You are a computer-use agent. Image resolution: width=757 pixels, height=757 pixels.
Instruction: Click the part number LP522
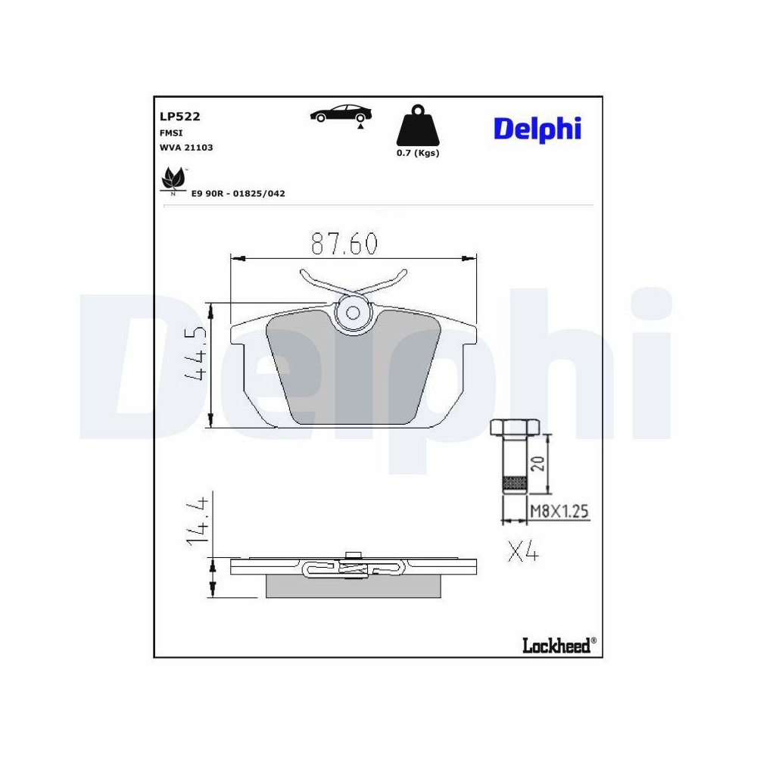179,117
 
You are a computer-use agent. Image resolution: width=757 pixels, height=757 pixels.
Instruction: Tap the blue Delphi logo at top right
537,129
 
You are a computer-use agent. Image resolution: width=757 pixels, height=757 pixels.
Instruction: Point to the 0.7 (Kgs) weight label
418,153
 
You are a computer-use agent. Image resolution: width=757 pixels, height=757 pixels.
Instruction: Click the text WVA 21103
185,148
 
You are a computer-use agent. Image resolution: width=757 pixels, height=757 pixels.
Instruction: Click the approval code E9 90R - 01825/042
238,194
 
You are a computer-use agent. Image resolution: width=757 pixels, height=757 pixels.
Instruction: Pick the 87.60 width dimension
344,244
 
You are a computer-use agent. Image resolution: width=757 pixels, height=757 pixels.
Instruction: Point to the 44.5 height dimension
195,354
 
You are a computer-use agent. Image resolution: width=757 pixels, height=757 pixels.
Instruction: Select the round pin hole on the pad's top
353,313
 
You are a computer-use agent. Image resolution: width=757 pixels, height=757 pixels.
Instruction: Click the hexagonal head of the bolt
515,428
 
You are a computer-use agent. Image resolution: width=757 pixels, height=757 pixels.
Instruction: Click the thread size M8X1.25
559,512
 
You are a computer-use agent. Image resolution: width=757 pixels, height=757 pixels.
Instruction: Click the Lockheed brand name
556,644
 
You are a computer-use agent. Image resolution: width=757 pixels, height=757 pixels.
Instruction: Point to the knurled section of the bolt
515,481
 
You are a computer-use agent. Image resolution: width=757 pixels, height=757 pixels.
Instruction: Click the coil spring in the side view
351,568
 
